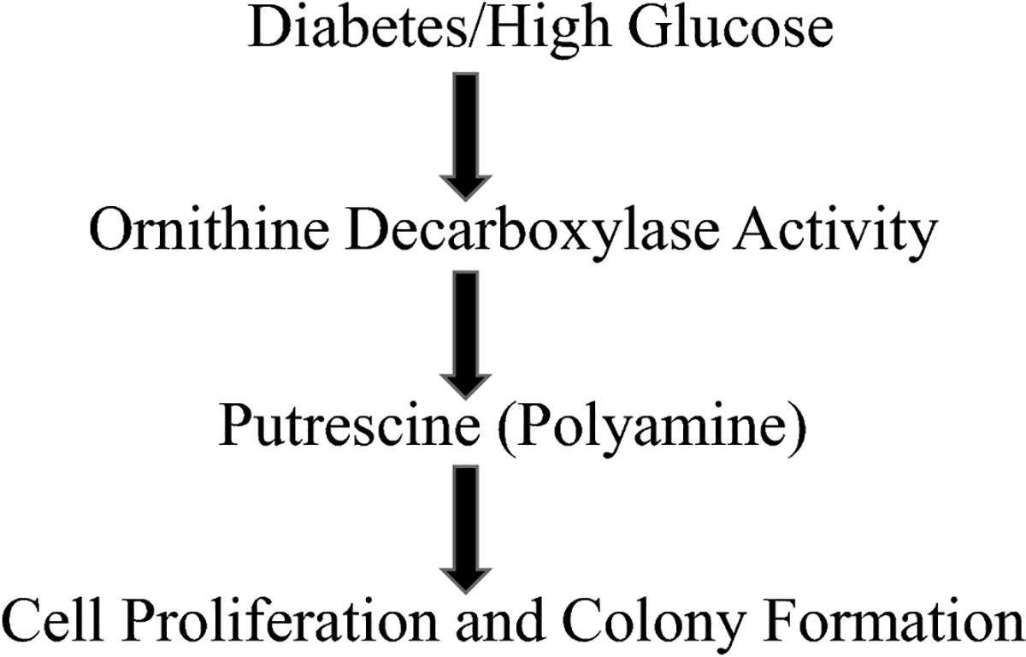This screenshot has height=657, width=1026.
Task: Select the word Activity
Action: coord(838,232)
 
